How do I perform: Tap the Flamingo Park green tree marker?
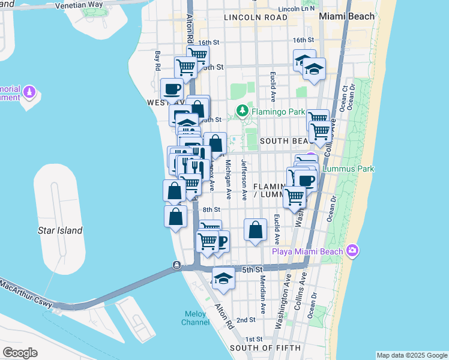(242, 110)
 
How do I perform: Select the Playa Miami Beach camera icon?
(352, 251)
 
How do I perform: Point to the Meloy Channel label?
(196, 317)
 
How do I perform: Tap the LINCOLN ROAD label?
(255, 18)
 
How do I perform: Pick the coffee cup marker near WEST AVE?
(172, 89)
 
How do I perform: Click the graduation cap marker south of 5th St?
(223, 278)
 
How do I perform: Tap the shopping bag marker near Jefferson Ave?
(255, 229)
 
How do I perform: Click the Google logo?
(20, 353)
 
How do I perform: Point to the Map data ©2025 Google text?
(411, 355)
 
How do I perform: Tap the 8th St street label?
(211, 209)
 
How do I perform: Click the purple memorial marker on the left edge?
(30, 93)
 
